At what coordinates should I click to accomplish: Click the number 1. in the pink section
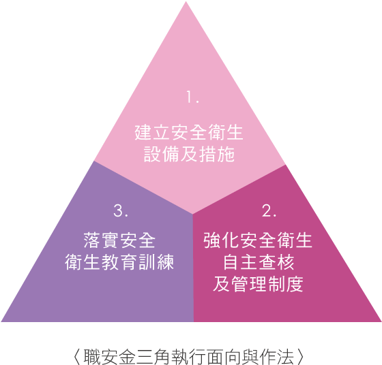(192, 97)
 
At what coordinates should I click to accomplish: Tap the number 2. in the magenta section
(269, 210)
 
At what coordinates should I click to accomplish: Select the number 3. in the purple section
(121, 210)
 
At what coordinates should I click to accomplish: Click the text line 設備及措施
(190, 154)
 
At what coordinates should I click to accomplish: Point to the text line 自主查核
(259, 262)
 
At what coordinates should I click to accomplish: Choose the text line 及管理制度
(259, 284)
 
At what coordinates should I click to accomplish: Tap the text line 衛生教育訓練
(119, 262)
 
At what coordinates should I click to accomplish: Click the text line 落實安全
(119, 240)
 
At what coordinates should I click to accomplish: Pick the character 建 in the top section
(143, 133)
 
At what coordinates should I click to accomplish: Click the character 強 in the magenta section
(212, 240)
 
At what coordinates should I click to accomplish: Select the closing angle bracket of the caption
(301, 357)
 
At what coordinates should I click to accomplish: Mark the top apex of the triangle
(186, 1)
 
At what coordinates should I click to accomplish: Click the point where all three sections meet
(192, 214)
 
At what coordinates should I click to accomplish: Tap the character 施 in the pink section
(226, 154)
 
